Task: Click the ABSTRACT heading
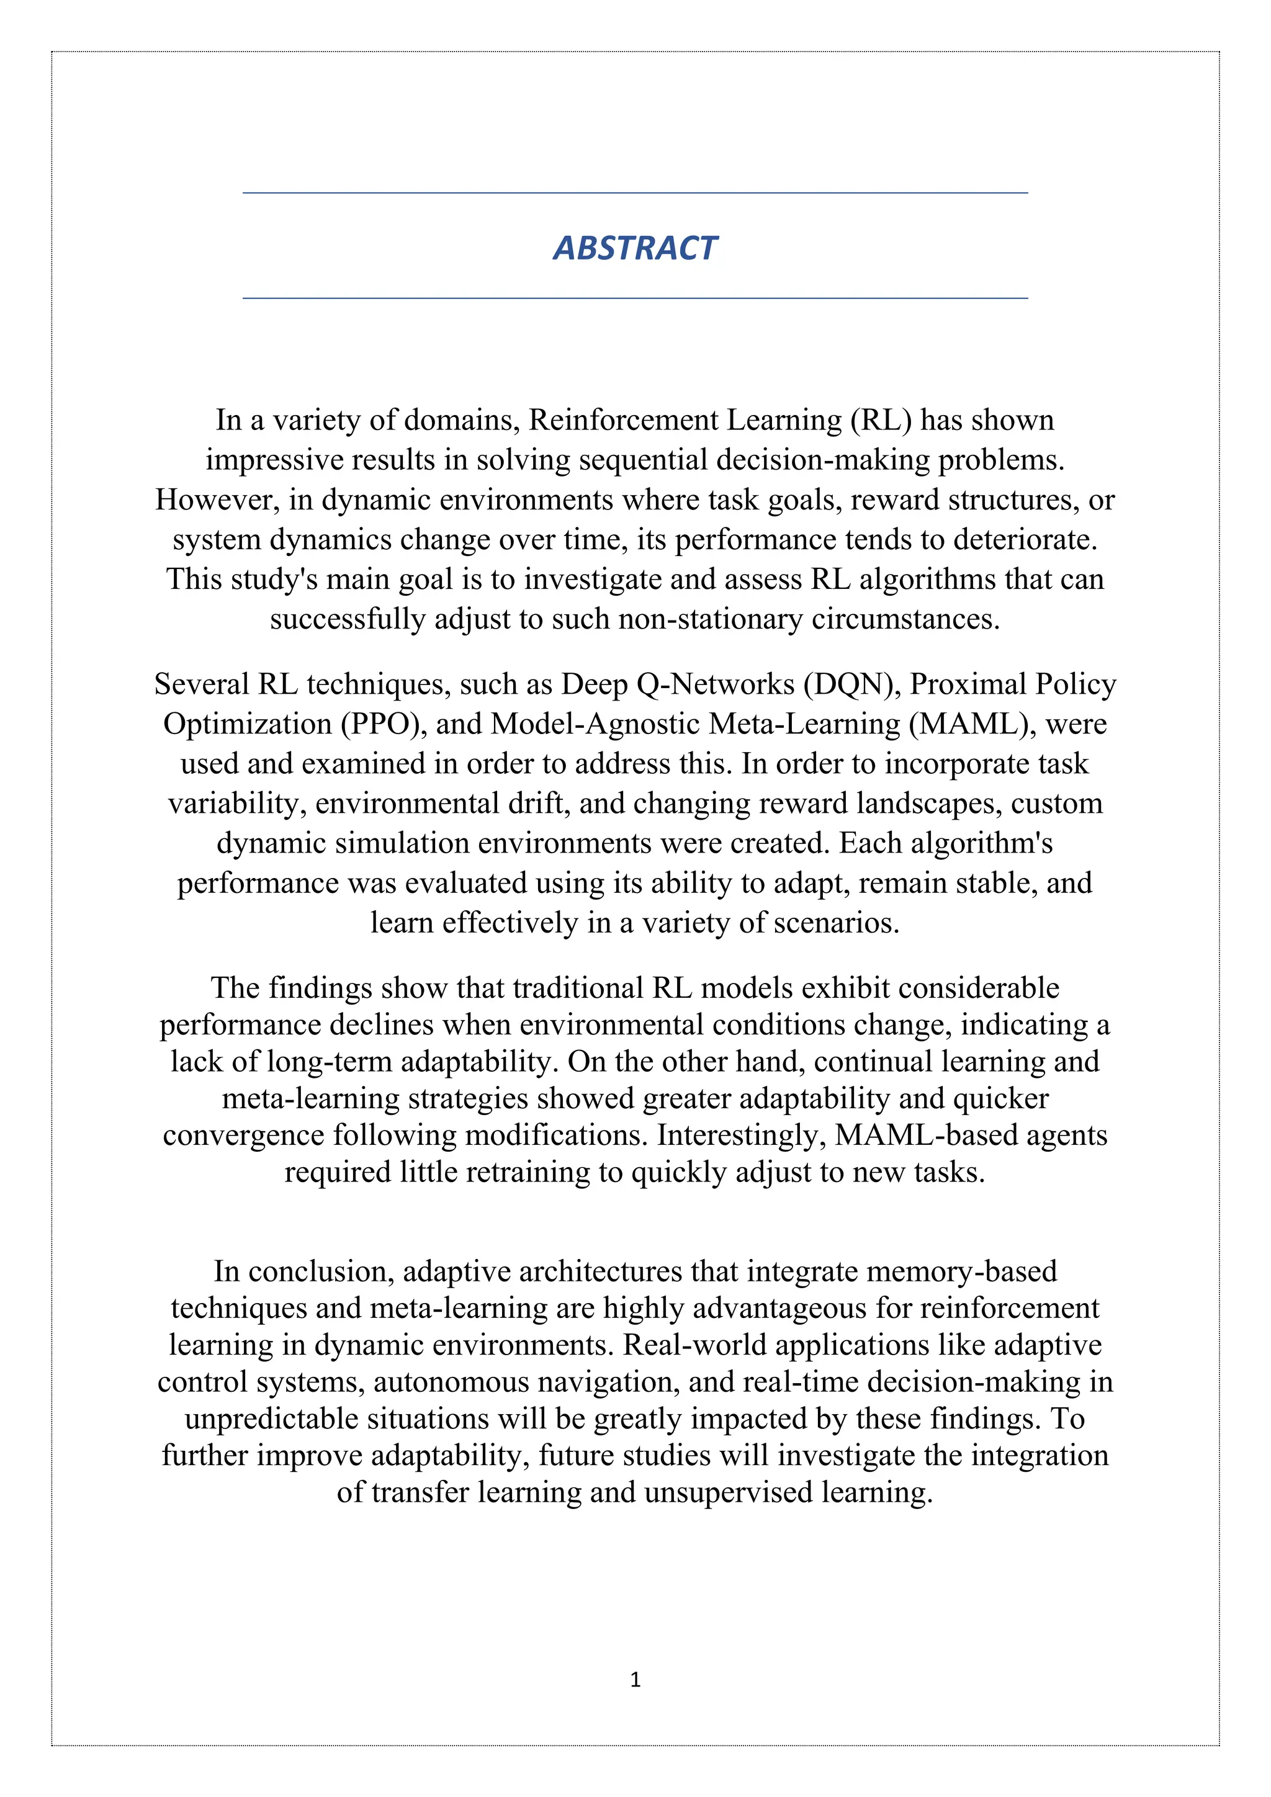click(x=635, y=248)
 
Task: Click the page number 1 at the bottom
click(x=635, y=1680)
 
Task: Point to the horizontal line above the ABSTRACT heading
click(x=635, y=192)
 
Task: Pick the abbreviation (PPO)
click(x=384, y=724)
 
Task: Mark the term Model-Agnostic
click(x=595, y=724)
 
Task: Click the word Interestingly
click(x=741, y=1135)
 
